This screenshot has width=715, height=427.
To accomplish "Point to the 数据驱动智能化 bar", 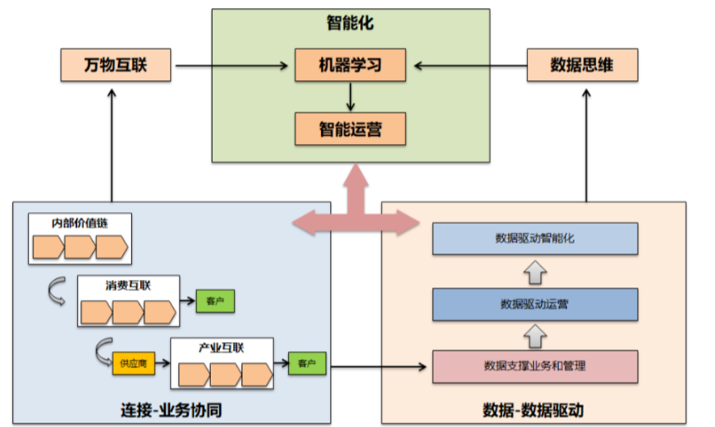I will coord(535,239).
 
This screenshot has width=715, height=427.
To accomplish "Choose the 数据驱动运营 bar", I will coord(535,304).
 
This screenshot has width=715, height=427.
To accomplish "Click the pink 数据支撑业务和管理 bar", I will coord(535,366).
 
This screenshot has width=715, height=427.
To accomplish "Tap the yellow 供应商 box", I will coord(133,364).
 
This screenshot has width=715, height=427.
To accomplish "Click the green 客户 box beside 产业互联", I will coord(307,363).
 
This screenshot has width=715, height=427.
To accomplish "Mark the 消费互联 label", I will coord(128,285).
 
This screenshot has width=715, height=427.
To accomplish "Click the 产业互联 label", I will coord(221,348).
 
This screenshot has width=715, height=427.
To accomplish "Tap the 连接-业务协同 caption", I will coord(171,408).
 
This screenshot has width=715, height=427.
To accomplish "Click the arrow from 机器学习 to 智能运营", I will coord(350,96).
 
